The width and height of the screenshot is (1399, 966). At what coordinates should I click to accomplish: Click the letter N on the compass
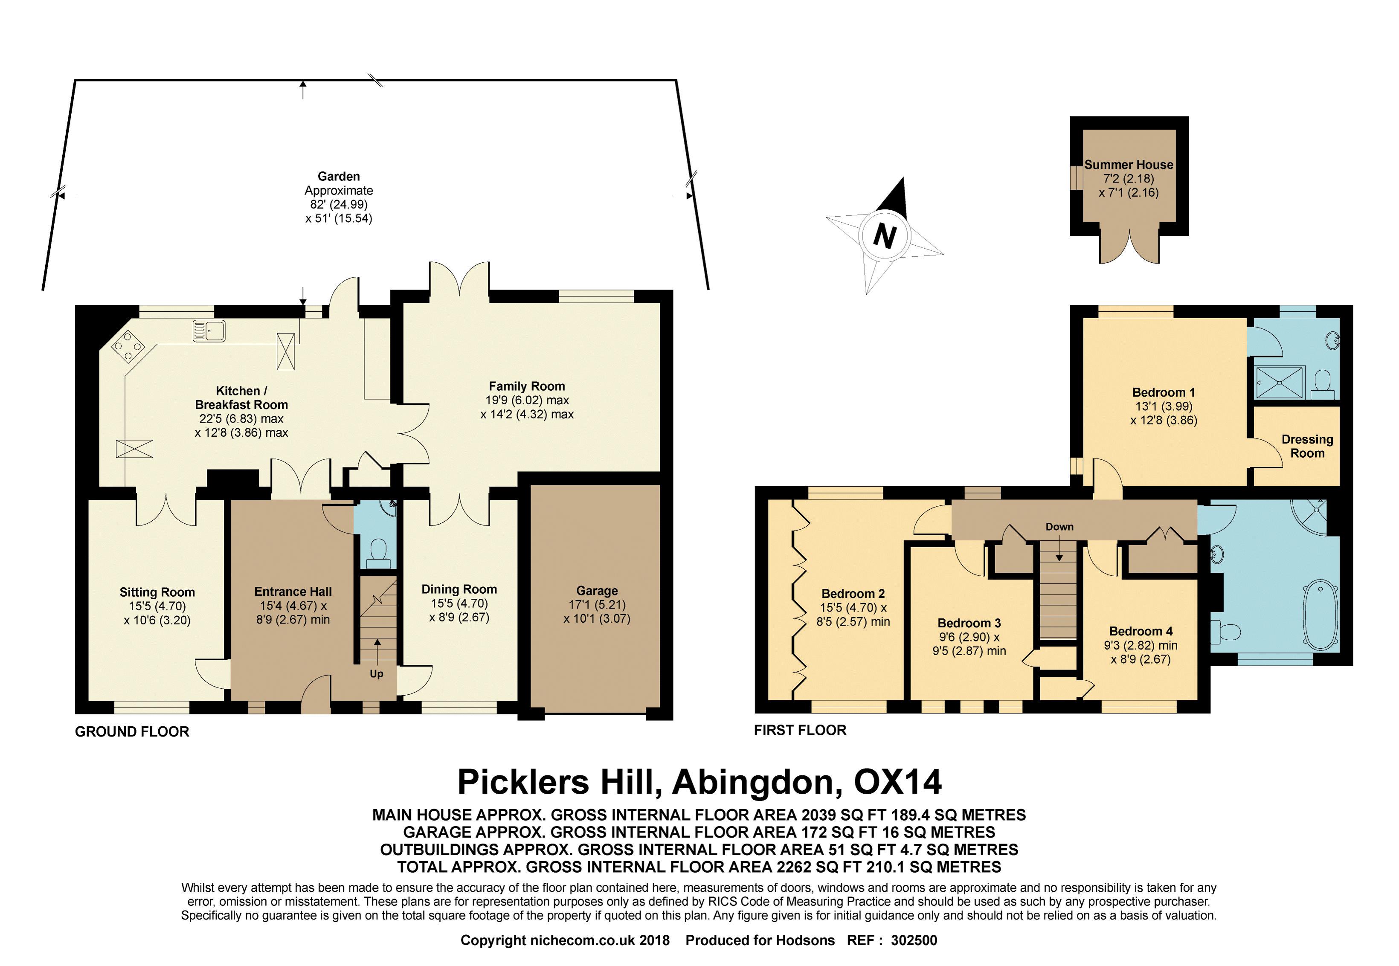point(885,235)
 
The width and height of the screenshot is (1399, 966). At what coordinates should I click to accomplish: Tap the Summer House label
point(1129,165)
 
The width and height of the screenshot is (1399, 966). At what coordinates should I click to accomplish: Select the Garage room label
point(597,590)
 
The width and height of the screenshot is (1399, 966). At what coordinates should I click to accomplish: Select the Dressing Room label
point(1307,446)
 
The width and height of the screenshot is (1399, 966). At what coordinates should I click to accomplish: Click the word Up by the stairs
point(377,674)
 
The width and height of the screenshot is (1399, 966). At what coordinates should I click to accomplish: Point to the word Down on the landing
point(1059,527)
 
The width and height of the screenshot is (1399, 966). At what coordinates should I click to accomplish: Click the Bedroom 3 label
point(969,623)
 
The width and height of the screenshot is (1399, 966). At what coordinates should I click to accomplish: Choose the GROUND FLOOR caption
point(132,732)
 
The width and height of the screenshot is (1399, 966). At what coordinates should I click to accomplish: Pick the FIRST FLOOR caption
point(800,731)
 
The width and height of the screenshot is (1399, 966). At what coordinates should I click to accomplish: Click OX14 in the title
point(898,782)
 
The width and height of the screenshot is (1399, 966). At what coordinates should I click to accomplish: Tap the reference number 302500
point(914,940)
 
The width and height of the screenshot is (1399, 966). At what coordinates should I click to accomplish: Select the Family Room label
point(527,386)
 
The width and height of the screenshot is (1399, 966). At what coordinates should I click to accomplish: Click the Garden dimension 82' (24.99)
point(339,205)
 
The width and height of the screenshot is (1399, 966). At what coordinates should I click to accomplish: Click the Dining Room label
point(459,589)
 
